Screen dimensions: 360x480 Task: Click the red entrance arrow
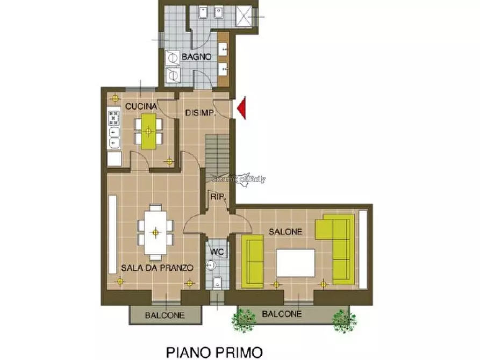(241, 107)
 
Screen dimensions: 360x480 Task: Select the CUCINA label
(141, 106)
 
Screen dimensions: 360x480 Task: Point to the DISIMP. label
(200, 113)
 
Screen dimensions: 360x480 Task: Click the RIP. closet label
(217, 197)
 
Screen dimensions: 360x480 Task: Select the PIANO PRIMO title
(214, 352)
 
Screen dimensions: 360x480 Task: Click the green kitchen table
(149, 131)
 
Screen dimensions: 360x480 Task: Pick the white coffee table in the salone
(296, 263)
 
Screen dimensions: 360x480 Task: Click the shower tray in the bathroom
(247, 16)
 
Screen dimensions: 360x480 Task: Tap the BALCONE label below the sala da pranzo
(164, 315)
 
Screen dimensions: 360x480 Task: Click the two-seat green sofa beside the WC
(252, 261)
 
